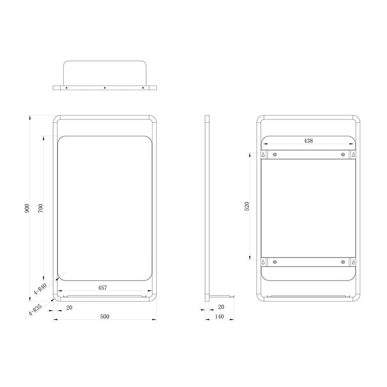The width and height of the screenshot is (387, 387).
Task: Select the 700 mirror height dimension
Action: click(x=41, y=208)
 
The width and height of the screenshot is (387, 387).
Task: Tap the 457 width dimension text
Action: click(x=102, y=288)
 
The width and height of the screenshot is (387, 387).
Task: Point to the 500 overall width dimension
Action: click(x=104, y=316)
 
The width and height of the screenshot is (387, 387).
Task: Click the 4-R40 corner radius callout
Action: click(x=40, y=289)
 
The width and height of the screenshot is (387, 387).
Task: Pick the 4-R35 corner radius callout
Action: click(x=35, y=311)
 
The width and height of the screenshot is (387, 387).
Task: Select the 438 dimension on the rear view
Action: click(x=308, y=141)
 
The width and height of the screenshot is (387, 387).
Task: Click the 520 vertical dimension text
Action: click(x=247, y=206)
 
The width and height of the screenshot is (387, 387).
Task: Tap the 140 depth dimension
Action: click(x=219, y=316)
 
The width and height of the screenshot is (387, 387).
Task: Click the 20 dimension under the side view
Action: click(x=221, y=307)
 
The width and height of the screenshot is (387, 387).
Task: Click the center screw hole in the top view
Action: click(x=104, y=88)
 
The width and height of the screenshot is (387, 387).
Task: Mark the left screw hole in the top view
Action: click(x=67, y=88)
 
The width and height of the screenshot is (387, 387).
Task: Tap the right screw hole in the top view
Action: click(x=143, y=88)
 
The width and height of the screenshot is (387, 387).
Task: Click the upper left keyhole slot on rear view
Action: click(x=264, y=154)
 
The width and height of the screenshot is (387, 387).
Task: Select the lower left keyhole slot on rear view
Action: click(x=264, y=262)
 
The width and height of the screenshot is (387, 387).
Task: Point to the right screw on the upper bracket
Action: click(x=342, y=155)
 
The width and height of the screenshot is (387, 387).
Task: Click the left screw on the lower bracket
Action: click(x=274, y=262)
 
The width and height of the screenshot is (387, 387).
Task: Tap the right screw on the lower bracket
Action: click(x=342, y=262)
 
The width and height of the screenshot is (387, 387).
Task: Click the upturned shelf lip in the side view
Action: click(x=233, y=296)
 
